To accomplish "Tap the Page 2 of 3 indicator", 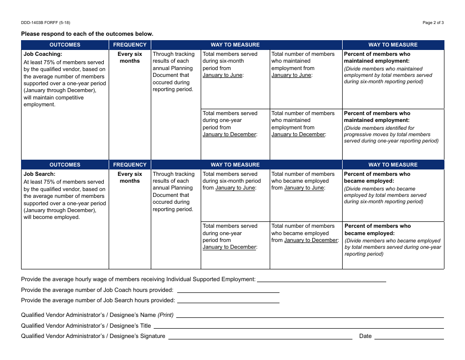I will click(x=433, y=23).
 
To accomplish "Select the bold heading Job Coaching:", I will click(x=43, y=54).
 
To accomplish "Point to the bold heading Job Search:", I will click(x=40, y=174).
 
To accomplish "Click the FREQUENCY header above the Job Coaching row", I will click(x=130, y=45).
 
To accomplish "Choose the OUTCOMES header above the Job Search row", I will click(x=65, y=165).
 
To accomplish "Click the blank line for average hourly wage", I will click(x=321, y=280).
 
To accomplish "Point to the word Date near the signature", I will click(x=365, y=336).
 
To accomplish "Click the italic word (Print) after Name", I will click(x=165, y=315).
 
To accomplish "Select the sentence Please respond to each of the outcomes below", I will click(x=87, y=34).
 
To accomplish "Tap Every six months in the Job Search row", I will click(x=130, y=177).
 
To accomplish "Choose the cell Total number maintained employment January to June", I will click(x=303, y=65).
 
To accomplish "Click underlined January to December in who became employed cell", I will click(x=311, y=240).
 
